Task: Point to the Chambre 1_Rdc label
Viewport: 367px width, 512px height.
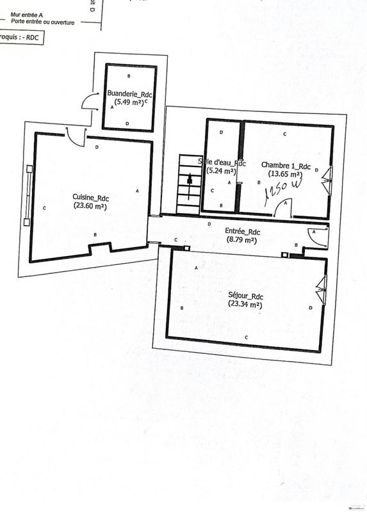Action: pos(286,166)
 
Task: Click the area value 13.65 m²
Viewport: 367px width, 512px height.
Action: pos(286,173)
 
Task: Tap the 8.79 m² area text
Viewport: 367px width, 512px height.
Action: pos(242,239)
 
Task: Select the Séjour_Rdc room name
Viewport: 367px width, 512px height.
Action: pos(247,296)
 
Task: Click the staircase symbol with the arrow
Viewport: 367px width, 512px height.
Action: pos(190,183)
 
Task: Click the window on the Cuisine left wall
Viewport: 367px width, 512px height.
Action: pos(28,195)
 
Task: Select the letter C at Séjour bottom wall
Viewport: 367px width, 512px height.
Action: pos(247,337)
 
